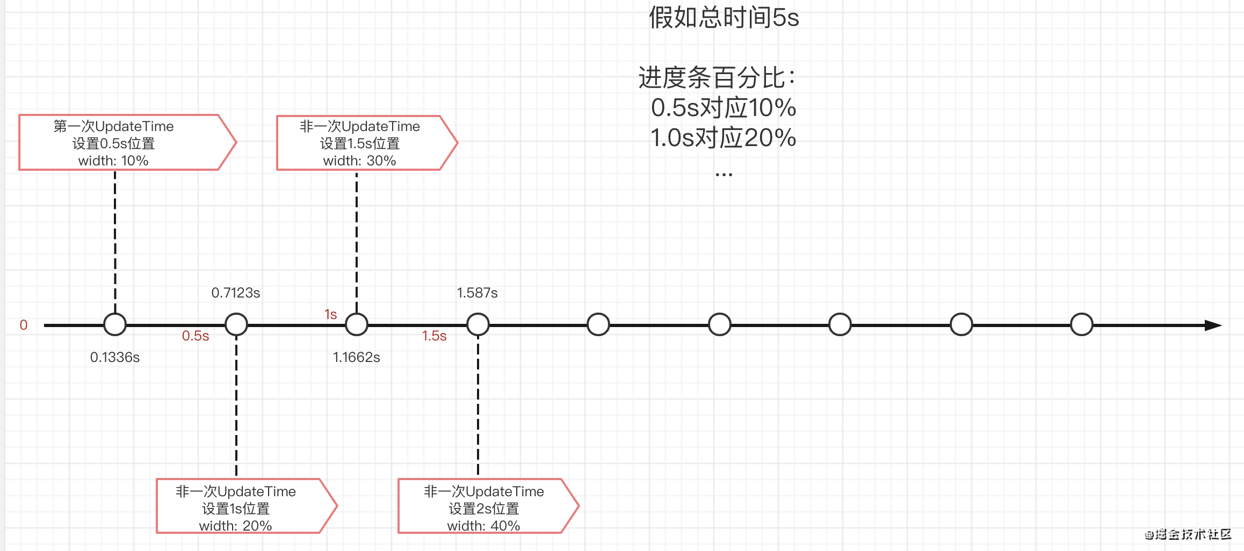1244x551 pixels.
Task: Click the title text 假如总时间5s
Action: (724, 18)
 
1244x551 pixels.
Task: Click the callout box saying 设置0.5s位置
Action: (128, 142)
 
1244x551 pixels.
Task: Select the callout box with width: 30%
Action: (367, 143)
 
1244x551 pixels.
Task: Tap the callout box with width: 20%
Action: (247, 506)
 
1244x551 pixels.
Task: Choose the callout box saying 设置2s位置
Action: (489, 506)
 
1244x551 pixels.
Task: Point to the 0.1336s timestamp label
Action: (115, 357)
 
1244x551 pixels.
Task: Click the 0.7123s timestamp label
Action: (236, 293)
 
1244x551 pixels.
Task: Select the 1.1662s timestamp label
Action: (357, 357)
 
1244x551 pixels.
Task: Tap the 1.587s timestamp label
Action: (478, 293)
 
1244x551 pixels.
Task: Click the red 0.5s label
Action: (196, 336)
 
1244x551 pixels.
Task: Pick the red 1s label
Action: (331, 314)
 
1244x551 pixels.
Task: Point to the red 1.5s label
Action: (435, 336)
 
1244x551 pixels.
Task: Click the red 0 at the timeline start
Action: (24, 325)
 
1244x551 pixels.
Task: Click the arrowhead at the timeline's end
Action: (1214, 325)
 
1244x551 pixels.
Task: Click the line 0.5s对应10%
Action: (724, 108)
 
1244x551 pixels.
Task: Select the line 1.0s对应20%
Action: (724, 138)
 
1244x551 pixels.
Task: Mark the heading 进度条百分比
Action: (712, 78)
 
